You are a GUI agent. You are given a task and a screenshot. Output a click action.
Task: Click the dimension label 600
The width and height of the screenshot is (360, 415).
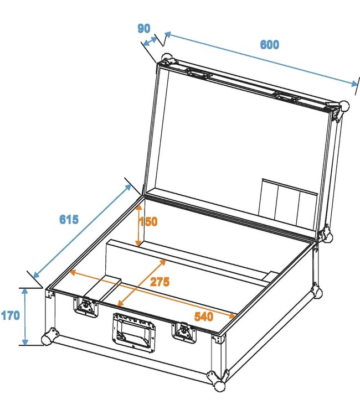pyautogui.click(x=270, y=45)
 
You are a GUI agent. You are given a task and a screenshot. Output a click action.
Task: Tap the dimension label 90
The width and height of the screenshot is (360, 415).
pyautogui.click(x=143, y=28)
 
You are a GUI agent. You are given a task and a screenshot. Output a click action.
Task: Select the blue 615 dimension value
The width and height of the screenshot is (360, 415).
pyautogui.click(x=69, y=219)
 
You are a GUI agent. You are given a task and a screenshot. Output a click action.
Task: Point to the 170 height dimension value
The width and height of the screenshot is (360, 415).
pyautogui.click(x=10, y=316)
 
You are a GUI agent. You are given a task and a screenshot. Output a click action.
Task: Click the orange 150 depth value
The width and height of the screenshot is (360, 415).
pyautogui.click(x=148, y=222)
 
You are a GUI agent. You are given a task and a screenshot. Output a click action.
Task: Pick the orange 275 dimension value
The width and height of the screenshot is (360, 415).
pyautogui.click(x=160, y=281)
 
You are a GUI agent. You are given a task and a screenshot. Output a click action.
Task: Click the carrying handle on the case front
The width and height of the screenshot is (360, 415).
pyautogui.click(x=133, y=331)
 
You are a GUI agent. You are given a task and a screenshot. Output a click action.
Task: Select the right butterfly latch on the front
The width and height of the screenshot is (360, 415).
pyautogui.click(x=182, y=331)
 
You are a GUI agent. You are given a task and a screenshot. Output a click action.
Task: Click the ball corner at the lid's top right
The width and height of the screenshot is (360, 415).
pyautogui.click(x=344, y=106)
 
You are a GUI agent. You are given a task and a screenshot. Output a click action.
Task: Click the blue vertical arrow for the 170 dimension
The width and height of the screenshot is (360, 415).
pyautogui.click(x=24, y=316)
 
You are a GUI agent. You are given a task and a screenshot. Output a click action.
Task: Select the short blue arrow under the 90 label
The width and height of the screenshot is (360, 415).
pyautogui.click(x=148, y=41)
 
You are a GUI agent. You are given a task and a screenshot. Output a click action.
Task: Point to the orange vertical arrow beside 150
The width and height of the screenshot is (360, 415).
pyautogui.click(x=138, y=224)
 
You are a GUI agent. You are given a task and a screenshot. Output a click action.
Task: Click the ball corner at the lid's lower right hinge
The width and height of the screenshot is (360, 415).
pyautogui.click(x=327, y=234)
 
